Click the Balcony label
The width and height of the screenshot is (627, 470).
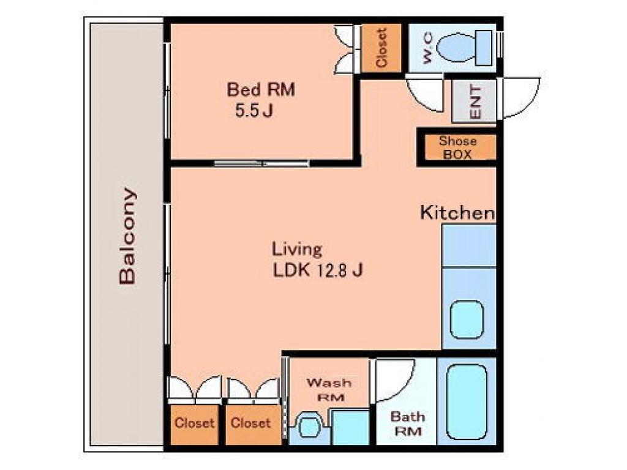click(127, 236)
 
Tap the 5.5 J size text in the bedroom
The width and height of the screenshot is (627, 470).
click(253, 110)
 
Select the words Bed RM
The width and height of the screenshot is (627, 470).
click(261, 89)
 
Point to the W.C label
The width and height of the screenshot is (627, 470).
click(427, 48)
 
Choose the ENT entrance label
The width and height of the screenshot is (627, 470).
click(475, 102)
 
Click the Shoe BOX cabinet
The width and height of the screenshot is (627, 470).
click(457, 147)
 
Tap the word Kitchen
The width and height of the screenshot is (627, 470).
click(457, 212)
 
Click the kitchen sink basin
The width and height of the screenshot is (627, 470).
click(467, 319)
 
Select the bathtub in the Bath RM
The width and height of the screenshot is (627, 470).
click(467, 401)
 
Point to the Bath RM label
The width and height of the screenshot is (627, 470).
click(407, 423)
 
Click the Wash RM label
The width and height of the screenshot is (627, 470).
click(329, 390)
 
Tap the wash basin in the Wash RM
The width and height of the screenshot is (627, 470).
click(309, 426)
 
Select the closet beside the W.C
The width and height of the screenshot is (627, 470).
click(381, 48)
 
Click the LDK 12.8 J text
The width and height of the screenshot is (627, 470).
click(318, 270)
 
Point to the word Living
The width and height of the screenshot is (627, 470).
click(297, 250)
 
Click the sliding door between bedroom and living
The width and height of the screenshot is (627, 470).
click(261, 163)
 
